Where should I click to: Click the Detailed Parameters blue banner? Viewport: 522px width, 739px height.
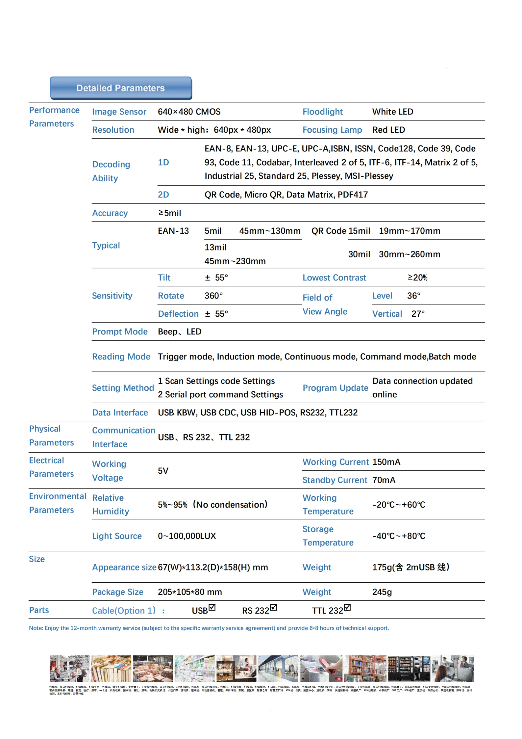(x=121, y=88)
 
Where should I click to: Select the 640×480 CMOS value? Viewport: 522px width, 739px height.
(x=189, y=112)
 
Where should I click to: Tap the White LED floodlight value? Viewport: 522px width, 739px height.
(x=392, y=112)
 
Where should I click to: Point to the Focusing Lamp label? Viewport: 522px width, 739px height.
(x=332, y=130)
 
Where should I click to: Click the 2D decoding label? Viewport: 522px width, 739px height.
(x=163, y=195)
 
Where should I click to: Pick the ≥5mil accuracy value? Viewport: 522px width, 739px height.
(x=170, y=213)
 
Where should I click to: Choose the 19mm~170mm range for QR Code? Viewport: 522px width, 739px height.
(x=409, y=231)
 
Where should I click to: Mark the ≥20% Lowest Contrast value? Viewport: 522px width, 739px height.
(x=417, y=277)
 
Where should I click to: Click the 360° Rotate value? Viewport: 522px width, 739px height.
(x=213, y=296)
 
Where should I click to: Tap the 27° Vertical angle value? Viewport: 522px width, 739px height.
(x=418, y=314)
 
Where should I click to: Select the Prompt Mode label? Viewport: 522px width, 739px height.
(x=120, y=331)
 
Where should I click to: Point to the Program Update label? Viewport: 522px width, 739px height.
(x=335, y=388)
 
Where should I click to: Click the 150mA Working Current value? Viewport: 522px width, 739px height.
(x=386, y=462)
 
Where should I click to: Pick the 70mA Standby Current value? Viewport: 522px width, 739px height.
(x=384, y=480)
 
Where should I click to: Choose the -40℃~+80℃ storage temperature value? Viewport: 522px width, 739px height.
(x=399, y=536)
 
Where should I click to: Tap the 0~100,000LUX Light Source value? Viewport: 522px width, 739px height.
(x=187, y=536)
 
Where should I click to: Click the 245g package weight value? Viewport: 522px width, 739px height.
(x=382, y=592)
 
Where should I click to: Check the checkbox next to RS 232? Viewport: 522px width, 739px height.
(x=274, y=607)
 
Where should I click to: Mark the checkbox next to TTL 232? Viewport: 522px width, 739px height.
(x=347, y=607)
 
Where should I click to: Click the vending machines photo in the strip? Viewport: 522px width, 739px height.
(x=409, y=669)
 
